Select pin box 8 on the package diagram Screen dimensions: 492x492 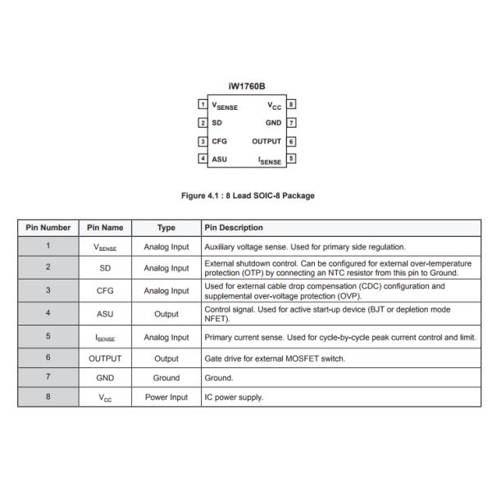[x=291, y=105]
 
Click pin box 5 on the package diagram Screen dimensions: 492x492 [x=291, y=159]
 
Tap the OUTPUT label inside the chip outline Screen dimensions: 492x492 [x=266, y=141]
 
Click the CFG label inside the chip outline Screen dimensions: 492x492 [x=220, y=141]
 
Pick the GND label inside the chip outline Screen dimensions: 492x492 [x=273, y=123]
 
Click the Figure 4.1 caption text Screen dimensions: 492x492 [x=246, y=195]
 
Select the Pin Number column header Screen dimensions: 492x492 [x=48, y=227]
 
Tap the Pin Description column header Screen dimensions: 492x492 [x=234, y=227]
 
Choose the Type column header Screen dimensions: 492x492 [x=166, y=227]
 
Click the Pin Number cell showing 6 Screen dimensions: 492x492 [x=48, y=358]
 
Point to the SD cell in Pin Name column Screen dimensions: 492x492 [x=105, y=267]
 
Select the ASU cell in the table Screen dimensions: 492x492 [x=105, y=313]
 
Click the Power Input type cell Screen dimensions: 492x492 [x=166, y=397]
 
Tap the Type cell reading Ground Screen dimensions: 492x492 [x=166, y=377]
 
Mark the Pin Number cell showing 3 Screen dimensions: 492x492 [x=48, y=290]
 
